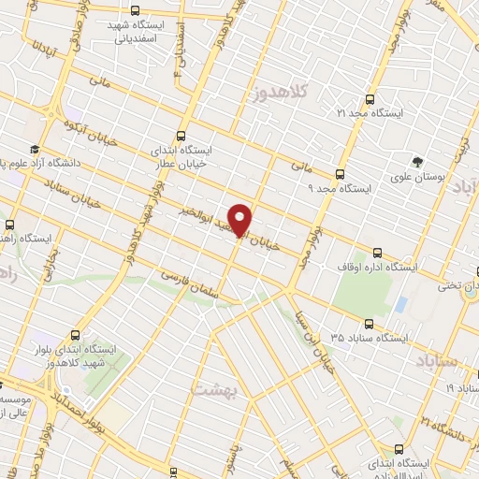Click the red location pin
[x=240, y=220]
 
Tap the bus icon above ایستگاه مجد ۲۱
[x=370, y=97]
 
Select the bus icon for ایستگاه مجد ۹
[x=338, y=173]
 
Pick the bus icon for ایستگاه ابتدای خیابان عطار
[x=182, y=134]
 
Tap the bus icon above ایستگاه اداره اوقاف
[x=378, y=252]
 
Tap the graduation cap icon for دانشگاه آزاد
[x=35, y=150]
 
